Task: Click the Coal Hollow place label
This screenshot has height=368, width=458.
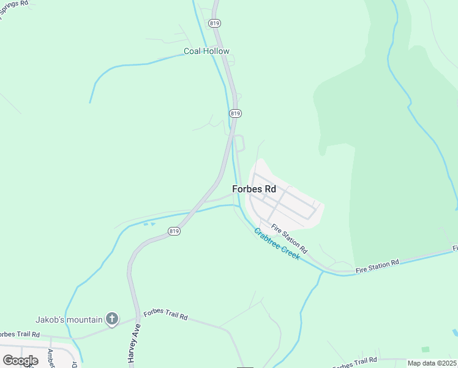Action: coord(207,52)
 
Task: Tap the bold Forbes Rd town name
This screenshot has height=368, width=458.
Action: coord(254,190)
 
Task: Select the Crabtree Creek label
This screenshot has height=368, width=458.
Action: coord(276,243)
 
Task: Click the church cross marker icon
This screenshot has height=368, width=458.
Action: coord(111,318)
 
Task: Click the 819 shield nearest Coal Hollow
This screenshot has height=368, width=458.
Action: coord(214,23)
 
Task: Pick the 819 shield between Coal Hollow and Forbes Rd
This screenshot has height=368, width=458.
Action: coord(236,113)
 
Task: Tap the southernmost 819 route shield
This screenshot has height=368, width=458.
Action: coord(174,231)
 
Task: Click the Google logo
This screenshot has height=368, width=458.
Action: coord(20,361)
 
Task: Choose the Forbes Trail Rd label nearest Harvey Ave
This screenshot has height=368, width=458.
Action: coord(165,316)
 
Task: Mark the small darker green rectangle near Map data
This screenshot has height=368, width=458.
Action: coord(425,349)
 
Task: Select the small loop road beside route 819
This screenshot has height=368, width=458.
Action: coord(240,143)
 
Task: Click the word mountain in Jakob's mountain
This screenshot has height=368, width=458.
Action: coord(84,319)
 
